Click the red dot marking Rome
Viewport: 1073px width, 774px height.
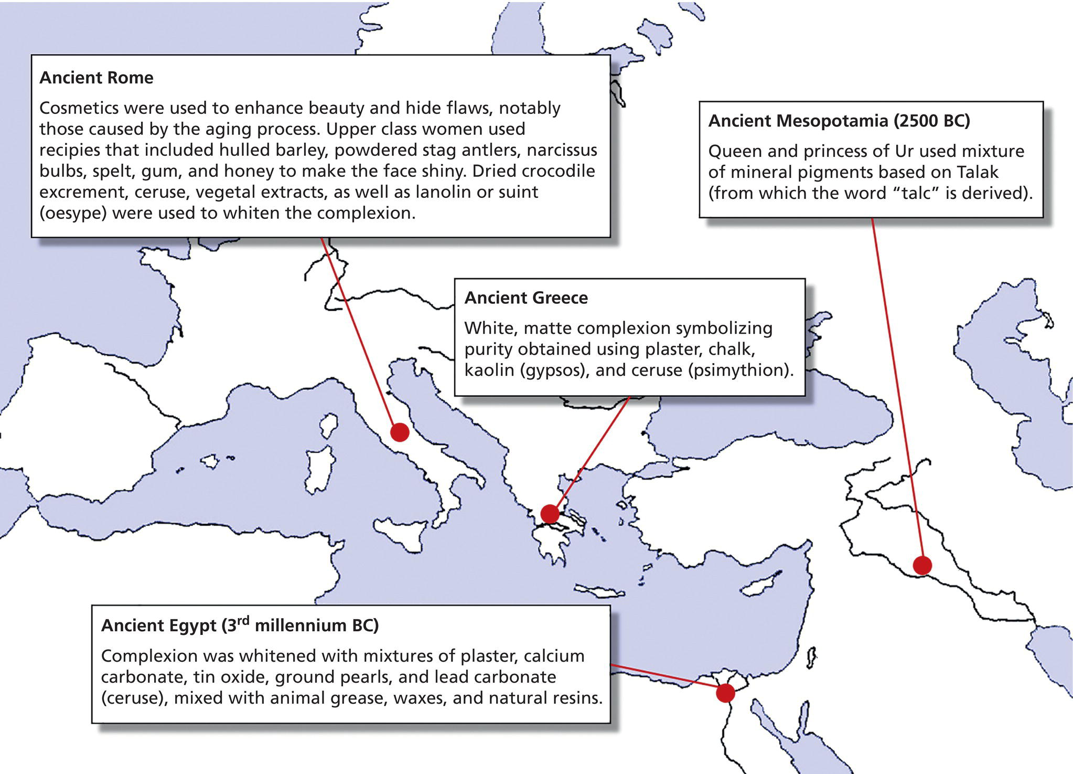[400, 432]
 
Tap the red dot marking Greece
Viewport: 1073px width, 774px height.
[550, 514]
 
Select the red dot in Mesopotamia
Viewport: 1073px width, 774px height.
[922, 565]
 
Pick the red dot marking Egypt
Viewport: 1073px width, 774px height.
[725, 693]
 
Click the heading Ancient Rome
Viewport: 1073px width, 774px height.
[96, 78]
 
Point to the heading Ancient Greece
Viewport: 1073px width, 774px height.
[526, 298]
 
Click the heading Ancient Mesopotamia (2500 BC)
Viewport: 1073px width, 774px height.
[839, 121]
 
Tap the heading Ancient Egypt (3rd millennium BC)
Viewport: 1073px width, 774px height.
[240, 625]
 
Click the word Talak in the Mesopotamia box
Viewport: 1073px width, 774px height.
[978, 172]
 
